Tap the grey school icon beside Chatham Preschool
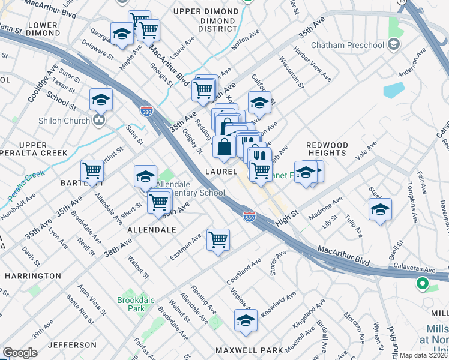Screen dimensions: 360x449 pos(394,44)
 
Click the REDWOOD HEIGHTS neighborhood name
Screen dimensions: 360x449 pos(327,149)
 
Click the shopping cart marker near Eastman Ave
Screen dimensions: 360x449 pos(218,239)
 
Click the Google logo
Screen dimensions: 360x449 pos(20,353)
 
